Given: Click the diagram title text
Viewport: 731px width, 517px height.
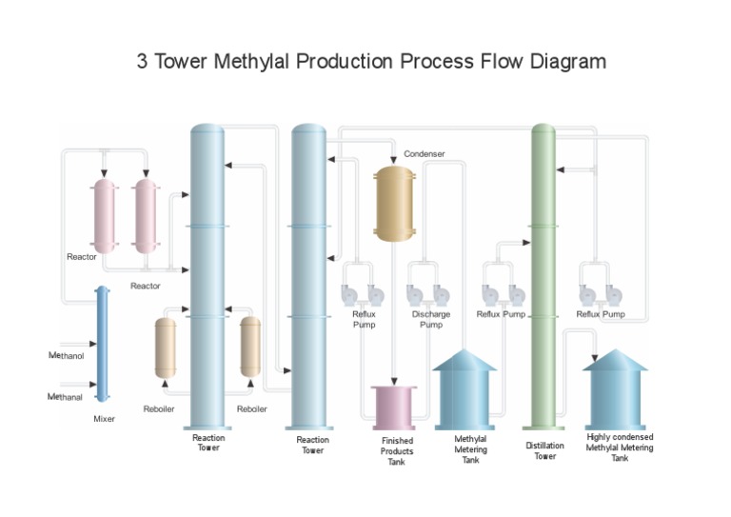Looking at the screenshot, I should [x=371, y=63].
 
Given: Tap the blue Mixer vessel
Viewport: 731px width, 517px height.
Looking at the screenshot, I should [x=102, y=343].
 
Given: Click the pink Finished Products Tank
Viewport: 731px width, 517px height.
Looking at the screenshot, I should [x=393, y=407].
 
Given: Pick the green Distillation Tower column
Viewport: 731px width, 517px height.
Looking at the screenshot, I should [x=543, y=276].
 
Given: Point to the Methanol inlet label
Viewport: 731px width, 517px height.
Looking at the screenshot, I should [x=67, y=356].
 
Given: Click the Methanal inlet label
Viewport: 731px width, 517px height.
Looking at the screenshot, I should [x=66, y=396].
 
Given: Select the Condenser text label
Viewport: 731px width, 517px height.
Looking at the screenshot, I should [x=425, y=153].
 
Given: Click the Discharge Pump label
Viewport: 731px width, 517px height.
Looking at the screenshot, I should [x=431, y=319].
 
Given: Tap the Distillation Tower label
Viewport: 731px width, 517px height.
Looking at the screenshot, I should [x=544, y=450].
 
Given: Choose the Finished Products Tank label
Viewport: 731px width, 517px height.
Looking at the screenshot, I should [x=397, y=451].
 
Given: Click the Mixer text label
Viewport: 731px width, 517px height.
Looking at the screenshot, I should [x=104, y=419].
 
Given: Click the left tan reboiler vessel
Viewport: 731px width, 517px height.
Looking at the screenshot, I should [x=166, y=348].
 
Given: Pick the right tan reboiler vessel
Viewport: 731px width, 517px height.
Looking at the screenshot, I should [x=250, y=348].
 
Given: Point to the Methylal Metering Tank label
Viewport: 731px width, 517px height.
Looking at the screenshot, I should [x=470, y=449].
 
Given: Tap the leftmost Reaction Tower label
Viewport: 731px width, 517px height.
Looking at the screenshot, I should [x=208, y=443].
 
